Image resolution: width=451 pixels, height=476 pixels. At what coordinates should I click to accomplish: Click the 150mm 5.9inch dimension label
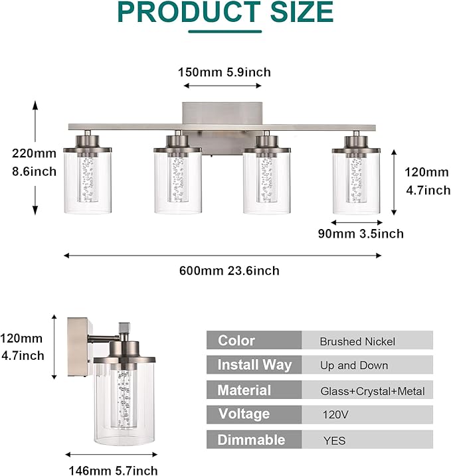click(x=225, y=72)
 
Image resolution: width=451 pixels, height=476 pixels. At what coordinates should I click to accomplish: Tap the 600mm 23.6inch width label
click(x=229, y=271)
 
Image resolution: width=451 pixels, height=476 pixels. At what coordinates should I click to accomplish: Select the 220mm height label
click(x=34, y=153)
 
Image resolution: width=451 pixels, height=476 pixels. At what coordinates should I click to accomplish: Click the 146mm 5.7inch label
click(x=112, y=471)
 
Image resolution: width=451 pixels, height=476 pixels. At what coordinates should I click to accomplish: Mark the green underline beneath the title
click(x=225, y=31)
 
